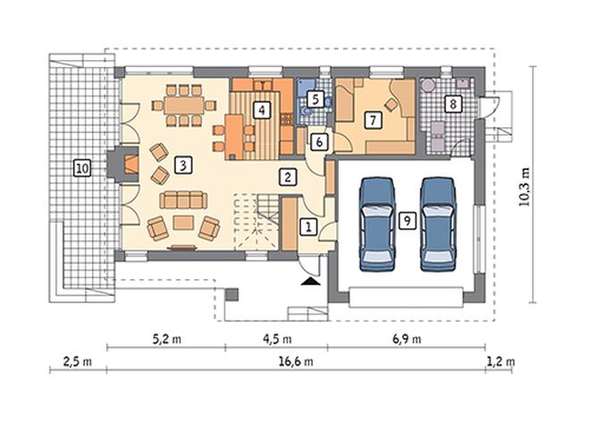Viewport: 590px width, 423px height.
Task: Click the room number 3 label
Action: point(183,165)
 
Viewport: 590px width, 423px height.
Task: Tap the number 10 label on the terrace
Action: point(82,168)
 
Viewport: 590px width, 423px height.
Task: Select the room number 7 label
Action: point(373,120)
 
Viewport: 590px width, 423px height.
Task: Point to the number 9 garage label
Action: point(407,221)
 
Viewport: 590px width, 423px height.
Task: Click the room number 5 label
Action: point(316,99)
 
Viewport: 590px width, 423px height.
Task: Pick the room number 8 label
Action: point(453,103)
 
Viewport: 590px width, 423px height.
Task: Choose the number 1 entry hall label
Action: point(308,227)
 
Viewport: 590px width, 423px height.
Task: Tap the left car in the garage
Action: point(377,224)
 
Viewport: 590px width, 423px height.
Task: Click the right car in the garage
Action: point(438,224)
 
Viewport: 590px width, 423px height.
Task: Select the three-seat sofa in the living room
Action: point(183,199)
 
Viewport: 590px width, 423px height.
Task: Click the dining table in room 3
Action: point(184,106)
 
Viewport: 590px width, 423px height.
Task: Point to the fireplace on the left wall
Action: point(123,164)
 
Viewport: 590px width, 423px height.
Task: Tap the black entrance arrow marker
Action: point(311,282)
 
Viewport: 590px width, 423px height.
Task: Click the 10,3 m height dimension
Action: point(524,187)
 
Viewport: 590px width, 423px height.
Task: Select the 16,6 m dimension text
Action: point(296,361)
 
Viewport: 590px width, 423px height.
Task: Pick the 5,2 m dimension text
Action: point(166,339)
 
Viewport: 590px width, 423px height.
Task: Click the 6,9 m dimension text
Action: point(407,339)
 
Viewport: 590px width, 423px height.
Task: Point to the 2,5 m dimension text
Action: point(77,361)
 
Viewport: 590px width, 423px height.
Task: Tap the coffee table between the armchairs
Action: point(183,223)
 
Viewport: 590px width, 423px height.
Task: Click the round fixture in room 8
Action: point(427,85)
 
